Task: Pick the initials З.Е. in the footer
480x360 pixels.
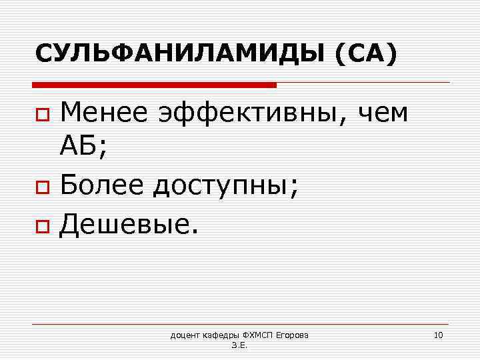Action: coord(239,346)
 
